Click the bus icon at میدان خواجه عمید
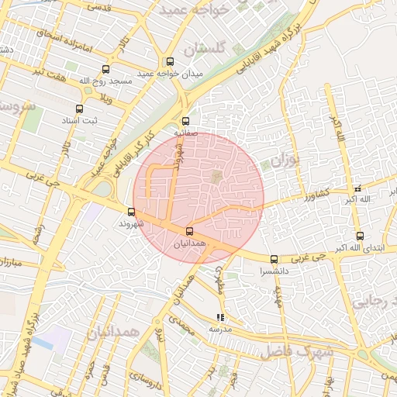[170, 62]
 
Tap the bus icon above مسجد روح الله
[105, 69]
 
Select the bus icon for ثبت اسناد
[78, 109]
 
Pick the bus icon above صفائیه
[185, 121]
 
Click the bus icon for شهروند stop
[130, 212]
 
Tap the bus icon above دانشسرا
[274, 260]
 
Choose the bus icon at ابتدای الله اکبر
[360, 236]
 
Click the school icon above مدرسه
[221, 317]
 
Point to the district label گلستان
[205, 49]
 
